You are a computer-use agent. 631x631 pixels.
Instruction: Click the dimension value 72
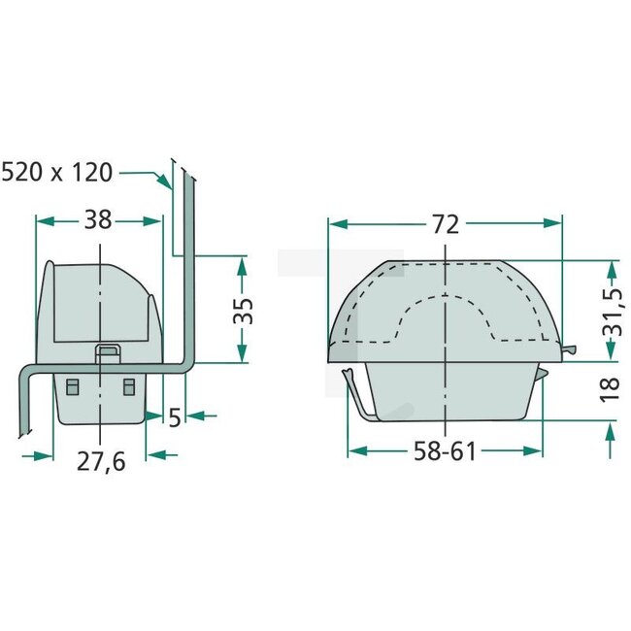coord(445,224)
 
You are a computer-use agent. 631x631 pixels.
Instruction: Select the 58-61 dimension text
coord(445,452)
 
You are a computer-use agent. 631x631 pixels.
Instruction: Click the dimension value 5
coord(175,416)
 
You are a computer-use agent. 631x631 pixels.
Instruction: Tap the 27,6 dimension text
coord(101,460)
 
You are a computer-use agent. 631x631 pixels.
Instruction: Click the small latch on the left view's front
coord(108,352)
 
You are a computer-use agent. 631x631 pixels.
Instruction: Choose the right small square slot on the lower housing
coord(128,386)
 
